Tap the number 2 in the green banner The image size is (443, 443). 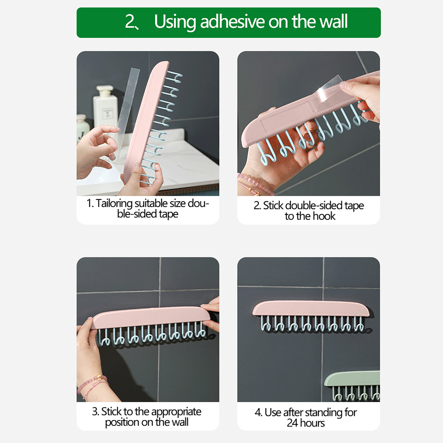[130, 22]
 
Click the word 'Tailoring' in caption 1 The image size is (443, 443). [114, 204]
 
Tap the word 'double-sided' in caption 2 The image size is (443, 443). [314, 205]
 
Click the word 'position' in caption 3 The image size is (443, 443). [122, 423]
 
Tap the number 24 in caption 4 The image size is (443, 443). [292, 423]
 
